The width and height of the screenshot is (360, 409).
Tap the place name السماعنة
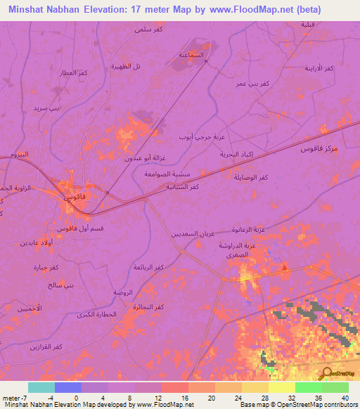[192, 54]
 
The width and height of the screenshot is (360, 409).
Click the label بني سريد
[49, 108]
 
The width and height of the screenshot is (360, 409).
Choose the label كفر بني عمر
[252, 84]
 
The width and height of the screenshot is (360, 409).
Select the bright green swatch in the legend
[307, 387]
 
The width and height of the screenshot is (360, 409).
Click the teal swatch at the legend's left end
[41, 387]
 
